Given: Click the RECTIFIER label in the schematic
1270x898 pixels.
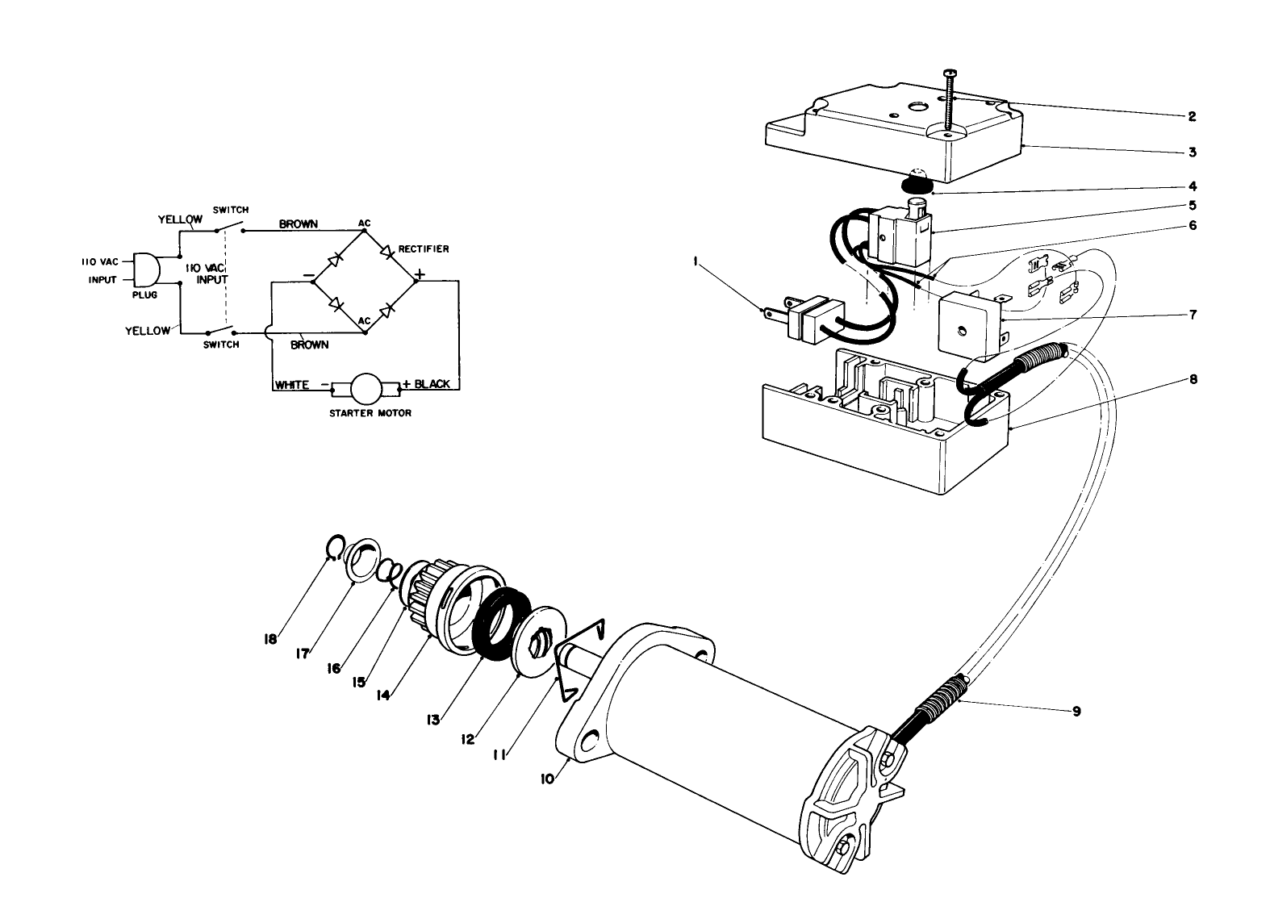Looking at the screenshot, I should tap(424, 249).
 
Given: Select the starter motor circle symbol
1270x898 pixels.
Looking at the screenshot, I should tap(366, 389).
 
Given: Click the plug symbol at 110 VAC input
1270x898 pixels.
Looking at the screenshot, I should tap(145, 269).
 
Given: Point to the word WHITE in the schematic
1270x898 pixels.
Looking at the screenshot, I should tap(291, 385).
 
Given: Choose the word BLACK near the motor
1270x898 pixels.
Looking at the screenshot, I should tap(432, 384).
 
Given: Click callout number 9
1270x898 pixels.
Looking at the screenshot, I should tap(1076, 711).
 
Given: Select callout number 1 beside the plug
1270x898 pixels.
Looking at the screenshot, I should tap(695, 260).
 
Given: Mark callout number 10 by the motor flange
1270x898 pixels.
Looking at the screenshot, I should tap(548, 779).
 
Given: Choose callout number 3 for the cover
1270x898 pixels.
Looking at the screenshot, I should tap(1191, 152).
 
